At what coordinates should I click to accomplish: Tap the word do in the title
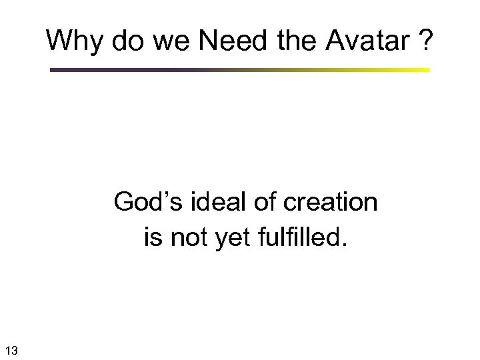[121, 41]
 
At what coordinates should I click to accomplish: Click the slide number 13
[12, 349]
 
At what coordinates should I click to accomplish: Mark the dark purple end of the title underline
[53, 69]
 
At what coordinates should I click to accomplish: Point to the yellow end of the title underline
[427, 69]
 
